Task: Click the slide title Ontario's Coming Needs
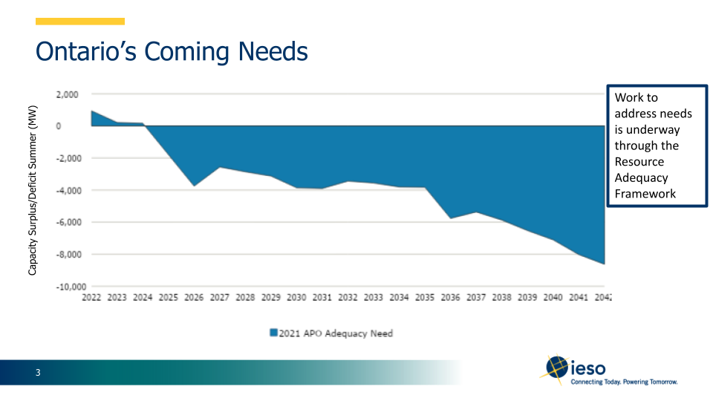(x=172, y=52)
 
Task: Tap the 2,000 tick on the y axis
(x=66, y=94)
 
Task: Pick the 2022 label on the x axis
(x=91, y=298)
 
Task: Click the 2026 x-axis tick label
(x=194, y=298)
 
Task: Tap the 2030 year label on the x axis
(x=296, y=298)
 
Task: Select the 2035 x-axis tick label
(x=425, y=298)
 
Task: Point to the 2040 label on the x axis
(x=553, y=298)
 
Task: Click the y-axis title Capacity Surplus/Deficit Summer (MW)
(x=32, y=190)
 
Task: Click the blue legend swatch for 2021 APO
(x=273, y=333)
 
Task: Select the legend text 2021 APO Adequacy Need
(x=336, y=333)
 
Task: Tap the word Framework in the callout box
(x=645, y=194)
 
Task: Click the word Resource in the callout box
(x=639, y=162)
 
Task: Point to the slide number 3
(x=38, y=373)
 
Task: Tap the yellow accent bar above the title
(x=80, y=22)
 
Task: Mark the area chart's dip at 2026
(x=194, y=185)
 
